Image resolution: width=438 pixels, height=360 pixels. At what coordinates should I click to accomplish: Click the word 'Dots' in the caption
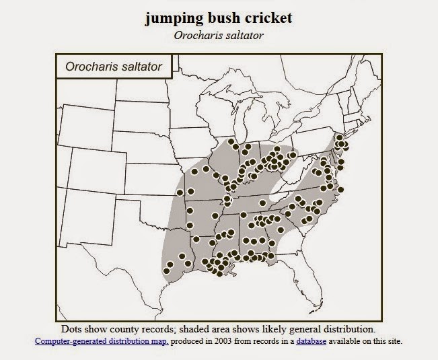point(73,330)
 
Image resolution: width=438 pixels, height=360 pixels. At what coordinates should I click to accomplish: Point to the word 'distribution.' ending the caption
point(348,330)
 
